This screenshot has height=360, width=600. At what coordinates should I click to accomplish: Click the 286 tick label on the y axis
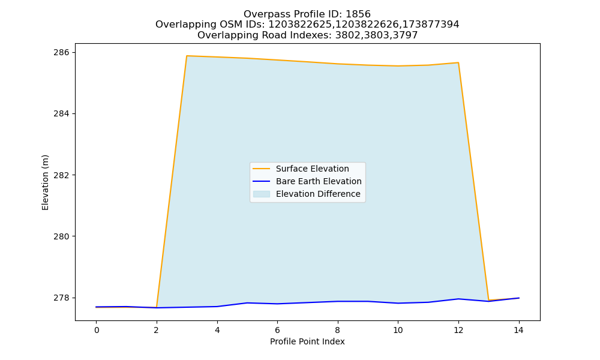pyautogui.click(x=61, y=52)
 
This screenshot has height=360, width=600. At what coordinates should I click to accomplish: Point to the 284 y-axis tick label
pyautogui.click(x=61, y=113)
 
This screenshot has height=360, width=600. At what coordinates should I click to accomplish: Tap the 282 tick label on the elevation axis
pyautogui.click(x=61, y=175)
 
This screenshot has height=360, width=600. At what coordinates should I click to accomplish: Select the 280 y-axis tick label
pyautogui.click(x=61, y=236)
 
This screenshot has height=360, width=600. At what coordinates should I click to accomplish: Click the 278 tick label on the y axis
pyautogui.click(x=61, y=298)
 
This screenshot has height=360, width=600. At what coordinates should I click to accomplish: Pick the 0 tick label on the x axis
pyautogui.click(x=97, y=330)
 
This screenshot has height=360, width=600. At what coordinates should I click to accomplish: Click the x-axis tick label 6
pyautogui.click(x=277, y=330)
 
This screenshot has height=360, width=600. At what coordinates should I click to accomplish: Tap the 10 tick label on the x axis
pyautogui.click(x=398, y=330)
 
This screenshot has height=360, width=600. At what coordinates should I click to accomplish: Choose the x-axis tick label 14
pyautogui.click(x=518, y=330)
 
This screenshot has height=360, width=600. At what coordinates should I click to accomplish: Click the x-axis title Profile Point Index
pyautogui.click(x=307, y=341)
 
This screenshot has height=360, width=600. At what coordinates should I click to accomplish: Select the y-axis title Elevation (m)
pyautogui.click(x=46, y=182)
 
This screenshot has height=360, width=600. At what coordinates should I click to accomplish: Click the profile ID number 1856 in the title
pyautogui.click(x=358, y=14)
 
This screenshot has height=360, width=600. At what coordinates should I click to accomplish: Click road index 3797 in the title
pyautogui.click(x=405, y=35)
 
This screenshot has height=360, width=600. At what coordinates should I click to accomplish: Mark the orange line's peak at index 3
pyautogui.click(x=187, y=56)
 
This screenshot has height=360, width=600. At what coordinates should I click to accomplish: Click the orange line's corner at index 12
pyautogui.click(x=458, y=63)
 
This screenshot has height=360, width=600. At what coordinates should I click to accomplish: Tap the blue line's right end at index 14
pyautogui.click(x=519, y=298)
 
